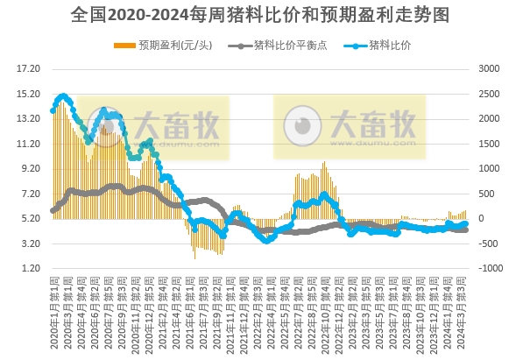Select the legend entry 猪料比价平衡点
pyautogui.click(x=284, y=44)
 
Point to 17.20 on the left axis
pyautogui.click(x=30, y=68)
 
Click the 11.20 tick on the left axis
pyautogui.click(x=30, y=144)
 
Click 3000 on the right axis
pyautogui.click(x=487, y=68)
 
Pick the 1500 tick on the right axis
pyautogui.click(x=487, y=144)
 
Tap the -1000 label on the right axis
pyautogui.click(x=485, y=268)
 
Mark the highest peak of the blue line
pyautogui.click(x=62, y=96)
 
